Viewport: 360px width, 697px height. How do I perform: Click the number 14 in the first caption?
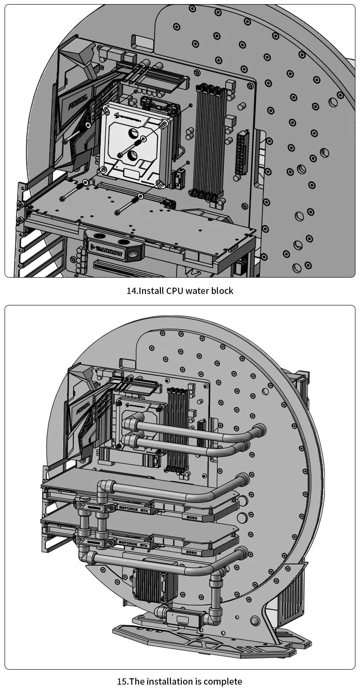tap(131, 291)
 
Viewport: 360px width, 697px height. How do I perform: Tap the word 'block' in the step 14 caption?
tap(222, 291)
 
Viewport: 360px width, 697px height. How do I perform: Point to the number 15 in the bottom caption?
tap(122, 682)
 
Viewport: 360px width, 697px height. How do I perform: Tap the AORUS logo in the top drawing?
tap(77, 103)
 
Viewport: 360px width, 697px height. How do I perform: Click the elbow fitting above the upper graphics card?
tap(106, 487)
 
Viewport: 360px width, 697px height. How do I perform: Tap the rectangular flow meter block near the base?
tap(183, 618)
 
